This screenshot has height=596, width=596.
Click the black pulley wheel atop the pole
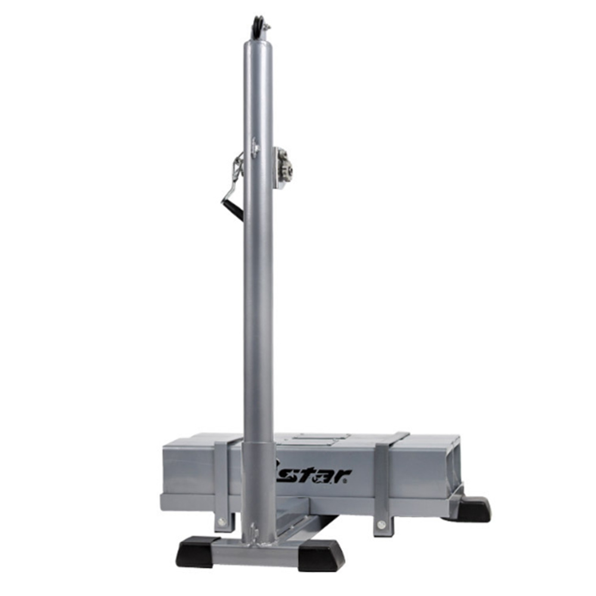(x=257, y=27)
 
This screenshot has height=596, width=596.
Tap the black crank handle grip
(x=233, y=210)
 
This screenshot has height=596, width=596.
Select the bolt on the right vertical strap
(x=381, y=525)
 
